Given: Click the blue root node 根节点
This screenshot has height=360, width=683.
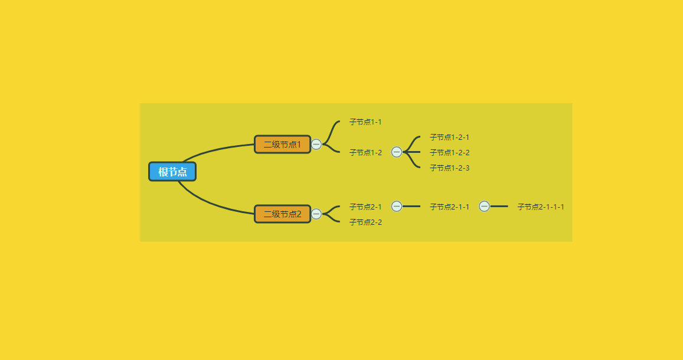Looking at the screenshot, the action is [172, 172].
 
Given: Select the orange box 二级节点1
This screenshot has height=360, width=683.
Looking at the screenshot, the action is [283, 145].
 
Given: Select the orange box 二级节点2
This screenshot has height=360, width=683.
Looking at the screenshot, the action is [283, 214].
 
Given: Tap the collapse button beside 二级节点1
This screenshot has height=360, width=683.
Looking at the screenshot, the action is [316, 144].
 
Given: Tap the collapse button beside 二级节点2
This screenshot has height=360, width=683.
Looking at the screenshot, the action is [316, 214].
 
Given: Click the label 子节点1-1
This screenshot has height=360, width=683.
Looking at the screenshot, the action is [365, 122].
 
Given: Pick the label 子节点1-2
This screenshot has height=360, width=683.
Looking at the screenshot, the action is [365, 152].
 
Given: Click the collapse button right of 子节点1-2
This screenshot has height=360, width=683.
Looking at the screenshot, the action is [396, 152].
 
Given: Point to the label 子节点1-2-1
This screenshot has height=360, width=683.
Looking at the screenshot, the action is [449, 137].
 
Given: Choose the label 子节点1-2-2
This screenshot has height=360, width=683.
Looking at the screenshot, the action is [449, 152].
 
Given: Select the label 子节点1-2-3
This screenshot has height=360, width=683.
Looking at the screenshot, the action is [449, 168].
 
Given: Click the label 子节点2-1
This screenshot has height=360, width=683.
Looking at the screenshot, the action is [365, 207].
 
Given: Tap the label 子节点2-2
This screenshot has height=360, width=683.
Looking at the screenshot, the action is [365, 222].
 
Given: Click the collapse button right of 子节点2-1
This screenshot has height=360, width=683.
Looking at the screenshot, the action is [396, 207].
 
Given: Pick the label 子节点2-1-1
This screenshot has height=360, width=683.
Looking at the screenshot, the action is [449, 207].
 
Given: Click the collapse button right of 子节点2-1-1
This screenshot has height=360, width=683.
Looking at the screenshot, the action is [485, 207].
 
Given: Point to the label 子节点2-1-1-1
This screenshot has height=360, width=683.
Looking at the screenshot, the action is [541, 207].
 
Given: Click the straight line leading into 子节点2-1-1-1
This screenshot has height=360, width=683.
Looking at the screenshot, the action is [499, 207].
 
